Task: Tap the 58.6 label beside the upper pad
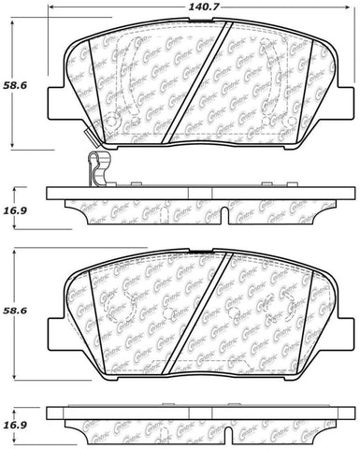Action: (14, 85)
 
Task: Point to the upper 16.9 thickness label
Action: (14, 196)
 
